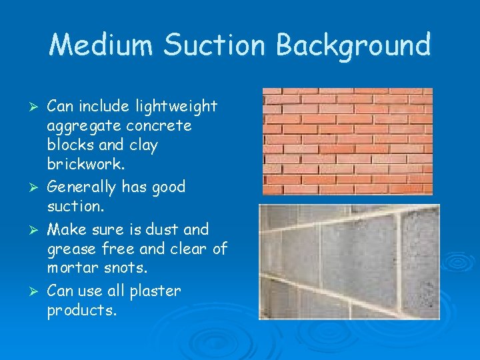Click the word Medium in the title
(x=101, y=45)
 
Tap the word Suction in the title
(x=215, y=45)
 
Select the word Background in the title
(x=353, y=45)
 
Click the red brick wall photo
(x=347, y=141)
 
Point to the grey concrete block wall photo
(x=340, y=261)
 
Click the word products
(x=81, y=311)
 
